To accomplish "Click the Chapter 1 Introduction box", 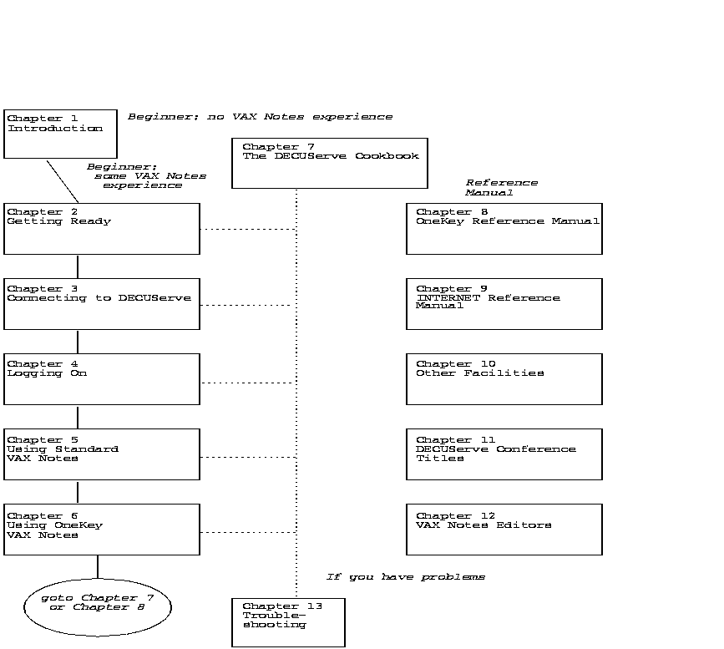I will pos(60,134).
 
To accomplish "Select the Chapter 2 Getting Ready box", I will pos(102,229).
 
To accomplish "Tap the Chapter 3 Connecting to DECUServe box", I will pos(102,304).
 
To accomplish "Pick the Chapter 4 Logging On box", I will pos(102,379).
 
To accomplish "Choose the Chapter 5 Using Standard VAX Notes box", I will pos(102,454).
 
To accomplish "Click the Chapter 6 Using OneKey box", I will pos(102,530).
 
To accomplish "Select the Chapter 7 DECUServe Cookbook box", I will pos(330,163).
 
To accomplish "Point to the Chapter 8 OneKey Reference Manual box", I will pos(504,229).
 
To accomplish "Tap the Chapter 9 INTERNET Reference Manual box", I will pos(504,304).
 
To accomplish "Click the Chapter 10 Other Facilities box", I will pos(504,379).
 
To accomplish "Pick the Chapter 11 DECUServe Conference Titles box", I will pos(504,454).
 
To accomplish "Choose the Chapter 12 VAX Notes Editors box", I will pos(504,530).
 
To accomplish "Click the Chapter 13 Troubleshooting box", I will pos(288,622).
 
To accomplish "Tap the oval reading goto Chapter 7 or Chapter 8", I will pos(98,607).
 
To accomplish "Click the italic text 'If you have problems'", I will pos(405,577).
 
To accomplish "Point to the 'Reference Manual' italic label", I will pos(501,188).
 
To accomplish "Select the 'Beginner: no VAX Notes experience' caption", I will pos(260,117).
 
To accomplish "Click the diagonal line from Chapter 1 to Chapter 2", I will pos(63,181).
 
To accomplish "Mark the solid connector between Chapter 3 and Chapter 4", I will pos(78,342).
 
